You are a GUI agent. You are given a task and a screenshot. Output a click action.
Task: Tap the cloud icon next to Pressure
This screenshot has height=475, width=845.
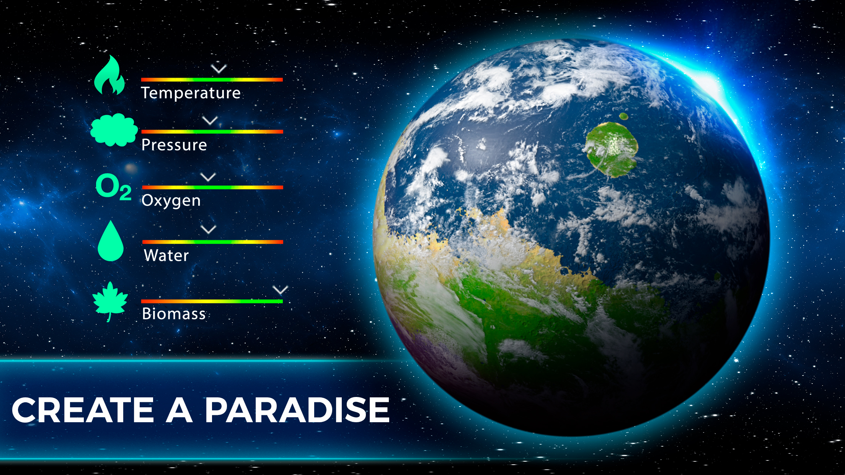click(114, 130)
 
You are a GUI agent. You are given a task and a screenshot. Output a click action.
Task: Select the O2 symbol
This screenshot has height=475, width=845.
click(113, 187)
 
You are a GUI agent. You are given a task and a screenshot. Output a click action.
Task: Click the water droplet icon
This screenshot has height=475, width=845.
click(111, 241)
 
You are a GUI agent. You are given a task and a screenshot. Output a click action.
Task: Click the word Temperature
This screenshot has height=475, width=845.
click(191, 93)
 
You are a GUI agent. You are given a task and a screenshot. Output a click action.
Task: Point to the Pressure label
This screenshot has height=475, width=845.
click(174, 145)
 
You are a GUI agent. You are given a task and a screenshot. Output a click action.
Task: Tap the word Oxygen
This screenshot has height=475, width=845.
click(171, 201)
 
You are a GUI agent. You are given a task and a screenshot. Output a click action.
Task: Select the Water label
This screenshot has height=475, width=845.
click(166, 255)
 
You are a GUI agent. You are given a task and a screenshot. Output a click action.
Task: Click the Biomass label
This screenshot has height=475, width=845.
click(174, 314)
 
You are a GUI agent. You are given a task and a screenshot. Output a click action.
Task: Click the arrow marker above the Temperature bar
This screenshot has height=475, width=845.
click(219, 69)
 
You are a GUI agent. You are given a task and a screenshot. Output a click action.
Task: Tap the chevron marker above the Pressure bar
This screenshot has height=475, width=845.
click(210, 121)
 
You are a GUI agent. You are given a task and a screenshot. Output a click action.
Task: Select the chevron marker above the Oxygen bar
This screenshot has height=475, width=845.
click(208, 177)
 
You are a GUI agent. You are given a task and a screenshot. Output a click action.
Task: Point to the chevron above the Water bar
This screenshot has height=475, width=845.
click(209, 229)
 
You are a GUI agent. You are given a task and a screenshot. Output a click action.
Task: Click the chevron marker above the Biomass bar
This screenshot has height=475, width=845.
click(281, 290)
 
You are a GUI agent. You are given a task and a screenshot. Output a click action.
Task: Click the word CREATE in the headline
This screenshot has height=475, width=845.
click(83, 410)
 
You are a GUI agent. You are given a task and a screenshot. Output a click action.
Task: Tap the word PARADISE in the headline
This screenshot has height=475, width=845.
click(297, 410)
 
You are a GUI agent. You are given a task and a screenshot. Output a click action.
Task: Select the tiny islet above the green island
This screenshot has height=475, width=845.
click(623, 116)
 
